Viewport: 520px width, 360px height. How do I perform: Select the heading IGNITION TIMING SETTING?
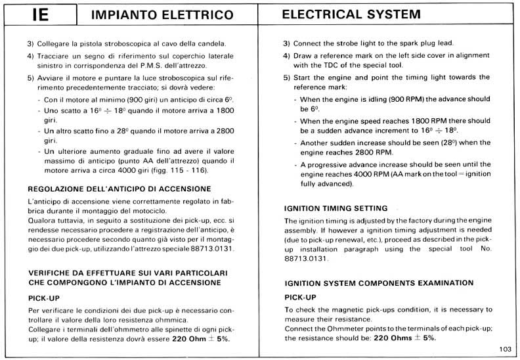click(x=336, y=208)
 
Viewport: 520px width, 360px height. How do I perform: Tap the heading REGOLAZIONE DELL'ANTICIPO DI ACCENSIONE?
click(x=119, y=189)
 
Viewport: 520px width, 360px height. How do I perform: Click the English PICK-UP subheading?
click(x=301, y=297)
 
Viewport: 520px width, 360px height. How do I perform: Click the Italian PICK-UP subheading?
click(x=44, y=298)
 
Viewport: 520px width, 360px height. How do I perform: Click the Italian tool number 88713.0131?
click(x=208, y=249)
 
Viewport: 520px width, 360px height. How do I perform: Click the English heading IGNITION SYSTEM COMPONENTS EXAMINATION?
click(x=378, y=283)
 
